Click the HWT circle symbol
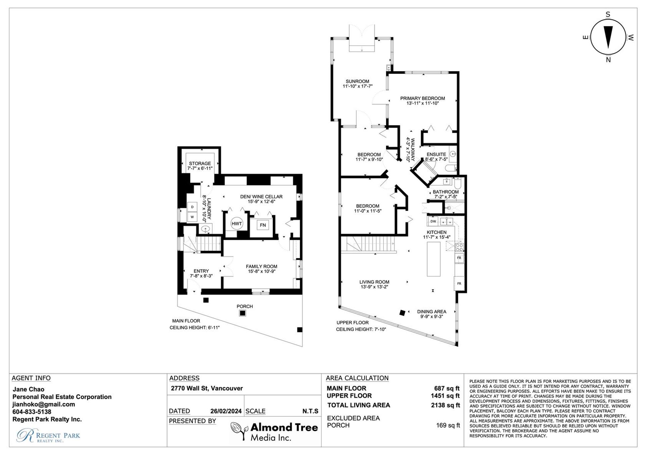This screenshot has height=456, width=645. coord(236,224)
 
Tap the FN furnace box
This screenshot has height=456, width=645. coord(263,225)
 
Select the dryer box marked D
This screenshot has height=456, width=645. coord(192,207)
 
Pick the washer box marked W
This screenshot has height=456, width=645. coord(192,217)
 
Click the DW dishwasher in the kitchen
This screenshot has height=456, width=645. coord(433,221)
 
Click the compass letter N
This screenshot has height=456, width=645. coord(608,60)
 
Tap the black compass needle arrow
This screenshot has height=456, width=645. coord(608,37)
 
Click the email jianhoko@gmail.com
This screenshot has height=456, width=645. coord(44,404)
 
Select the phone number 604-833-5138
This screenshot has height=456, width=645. coord(32,412)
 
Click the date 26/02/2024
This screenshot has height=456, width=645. coord(226,411)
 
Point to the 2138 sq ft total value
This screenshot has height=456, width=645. coord(445,405)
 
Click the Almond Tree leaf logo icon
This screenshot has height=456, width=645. coord(239,430)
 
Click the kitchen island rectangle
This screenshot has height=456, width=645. coord(434,259)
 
